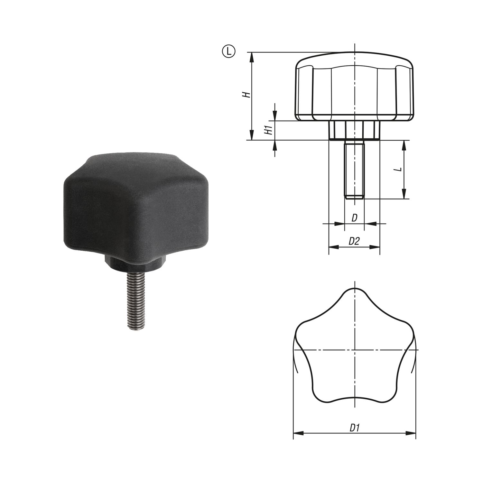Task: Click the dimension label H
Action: [x=246, y=95]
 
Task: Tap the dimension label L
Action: [x=399, y=169]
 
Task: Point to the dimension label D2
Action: [x=354, y=241]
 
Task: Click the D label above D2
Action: [x=354, y=218]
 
